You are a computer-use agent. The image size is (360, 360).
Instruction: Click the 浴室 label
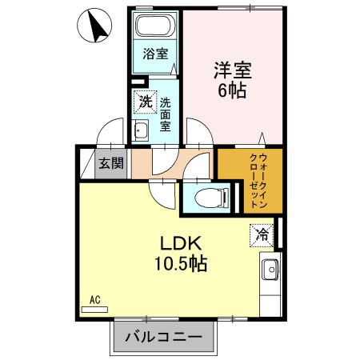point(156,54)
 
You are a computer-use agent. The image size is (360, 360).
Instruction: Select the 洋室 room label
point(232,70)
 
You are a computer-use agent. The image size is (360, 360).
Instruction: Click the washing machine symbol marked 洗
point(145,102)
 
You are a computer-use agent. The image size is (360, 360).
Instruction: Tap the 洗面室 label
point(166,113)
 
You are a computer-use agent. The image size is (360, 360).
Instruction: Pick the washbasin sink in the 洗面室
point(142,131)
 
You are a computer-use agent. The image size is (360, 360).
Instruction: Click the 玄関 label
point(111,165)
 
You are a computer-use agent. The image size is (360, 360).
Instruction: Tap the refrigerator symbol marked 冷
point(262,234)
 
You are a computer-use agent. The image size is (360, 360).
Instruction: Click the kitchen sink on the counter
point(269,270)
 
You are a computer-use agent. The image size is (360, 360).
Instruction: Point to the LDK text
point(181,243)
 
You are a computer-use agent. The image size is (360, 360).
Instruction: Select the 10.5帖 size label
point(181,263)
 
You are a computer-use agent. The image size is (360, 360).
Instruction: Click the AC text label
point(94,301)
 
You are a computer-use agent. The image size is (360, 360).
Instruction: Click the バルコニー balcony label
point(164,337)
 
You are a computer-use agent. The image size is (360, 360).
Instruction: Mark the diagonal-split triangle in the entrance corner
point(87,164)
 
